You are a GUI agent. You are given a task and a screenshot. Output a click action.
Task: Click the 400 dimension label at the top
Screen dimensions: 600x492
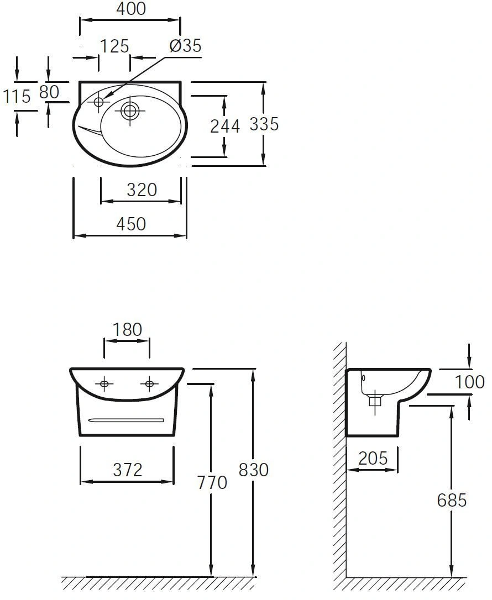tap(131, 9)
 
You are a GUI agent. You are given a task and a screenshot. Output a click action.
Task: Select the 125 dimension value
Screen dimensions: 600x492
tap(115, 46)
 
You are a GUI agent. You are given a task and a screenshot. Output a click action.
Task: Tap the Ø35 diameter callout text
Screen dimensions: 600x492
tap(185, 46)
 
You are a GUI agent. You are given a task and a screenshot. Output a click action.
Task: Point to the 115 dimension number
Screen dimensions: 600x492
tap(17, 96)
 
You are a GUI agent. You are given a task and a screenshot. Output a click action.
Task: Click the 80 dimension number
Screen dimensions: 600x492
tap(49, 92)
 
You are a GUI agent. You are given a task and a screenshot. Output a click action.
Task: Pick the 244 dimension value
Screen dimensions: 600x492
tap(225, 127)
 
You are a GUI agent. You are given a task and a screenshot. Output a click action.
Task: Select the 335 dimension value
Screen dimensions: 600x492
tap(264, 124)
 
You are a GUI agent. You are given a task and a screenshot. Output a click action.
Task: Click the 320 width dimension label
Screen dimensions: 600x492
tap(142, 190)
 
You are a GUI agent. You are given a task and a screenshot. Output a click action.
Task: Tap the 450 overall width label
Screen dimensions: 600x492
tap(131, 224)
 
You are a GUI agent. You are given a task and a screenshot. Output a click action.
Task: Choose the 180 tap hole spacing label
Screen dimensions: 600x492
tap(127, 329)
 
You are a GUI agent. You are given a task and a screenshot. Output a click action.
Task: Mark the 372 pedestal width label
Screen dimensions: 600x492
tap(128, 470)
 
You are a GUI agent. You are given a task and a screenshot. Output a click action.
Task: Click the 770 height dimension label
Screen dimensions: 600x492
tap(212, 482)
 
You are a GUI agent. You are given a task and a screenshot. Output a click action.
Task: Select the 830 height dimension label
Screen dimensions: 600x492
tap(254, 470)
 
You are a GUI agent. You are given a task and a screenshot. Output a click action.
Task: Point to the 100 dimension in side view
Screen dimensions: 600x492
tap(469, 382)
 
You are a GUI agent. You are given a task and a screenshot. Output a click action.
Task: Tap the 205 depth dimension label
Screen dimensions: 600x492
tap(373, 458)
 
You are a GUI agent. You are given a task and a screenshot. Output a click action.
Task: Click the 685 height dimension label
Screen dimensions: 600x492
tap(452, 500)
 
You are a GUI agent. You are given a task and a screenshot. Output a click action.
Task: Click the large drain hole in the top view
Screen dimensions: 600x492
tap(130, 110)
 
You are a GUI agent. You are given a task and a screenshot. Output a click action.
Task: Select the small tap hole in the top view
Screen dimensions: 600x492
tap(100, 102)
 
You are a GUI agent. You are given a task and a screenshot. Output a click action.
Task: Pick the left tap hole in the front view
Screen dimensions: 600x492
tap(104, 383)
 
